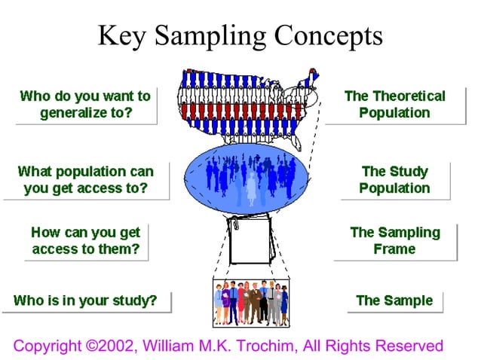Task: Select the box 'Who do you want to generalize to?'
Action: tap(85, 105)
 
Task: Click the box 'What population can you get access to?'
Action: tap(85, 180)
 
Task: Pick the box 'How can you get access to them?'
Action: tap(85, 241)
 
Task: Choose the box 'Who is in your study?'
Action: tap(85, 301)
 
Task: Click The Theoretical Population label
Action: tap(394, 105)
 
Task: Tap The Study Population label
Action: tap(394, 180)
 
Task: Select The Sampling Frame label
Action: tap(394, 241)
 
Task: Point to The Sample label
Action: tap(394, 301)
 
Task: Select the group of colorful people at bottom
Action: tap(250, 303)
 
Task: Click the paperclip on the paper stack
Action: tap(235, 224)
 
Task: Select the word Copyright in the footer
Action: tap(47, 346)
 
